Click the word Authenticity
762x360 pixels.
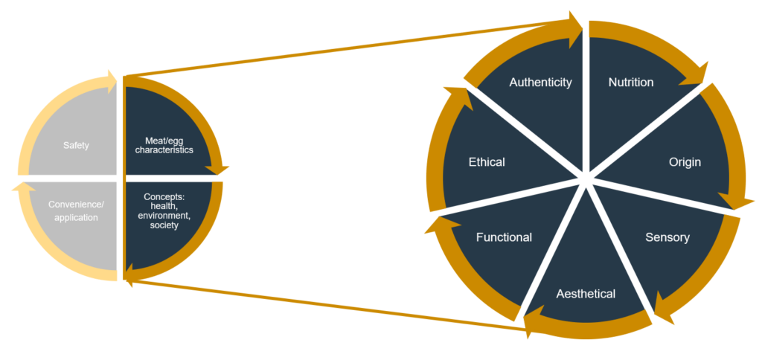click(540, 83)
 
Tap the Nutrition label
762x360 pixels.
click(631, 83)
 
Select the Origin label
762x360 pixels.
click(685, 162)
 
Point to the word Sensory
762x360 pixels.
click(667, 237)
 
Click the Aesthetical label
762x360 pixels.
click(586, 294)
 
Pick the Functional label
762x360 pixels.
click(504, 237)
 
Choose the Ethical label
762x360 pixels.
click(487, 162)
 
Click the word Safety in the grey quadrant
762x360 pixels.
click(77, 145)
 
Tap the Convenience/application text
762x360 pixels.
click(76, 210)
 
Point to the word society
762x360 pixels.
click(163, 225)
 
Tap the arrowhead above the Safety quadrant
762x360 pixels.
click(109, 82)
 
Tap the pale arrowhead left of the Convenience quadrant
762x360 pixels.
click(20, 186)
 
